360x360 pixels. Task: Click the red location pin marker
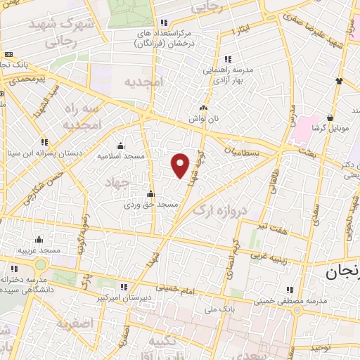181,165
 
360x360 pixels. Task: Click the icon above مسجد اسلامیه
127,145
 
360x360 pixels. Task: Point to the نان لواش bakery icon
203,108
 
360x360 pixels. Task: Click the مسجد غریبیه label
39,251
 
